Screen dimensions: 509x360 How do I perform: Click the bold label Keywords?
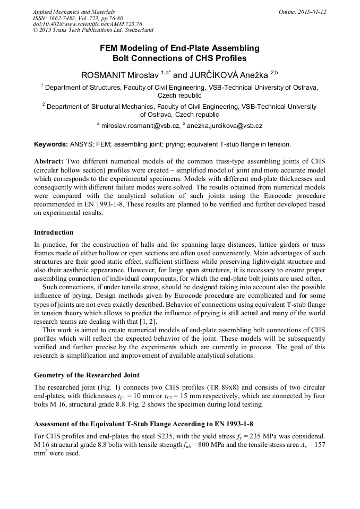(x=51, y=144)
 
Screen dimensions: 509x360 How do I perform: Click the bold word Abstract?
(x=49, y=161)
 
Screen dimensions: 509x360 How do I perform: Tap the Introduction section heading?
(x=54, y=232)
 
